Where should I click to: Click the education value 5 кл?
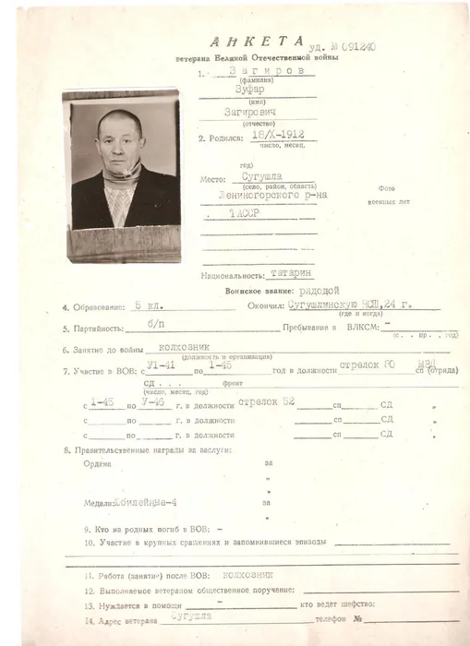(144, 306)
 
